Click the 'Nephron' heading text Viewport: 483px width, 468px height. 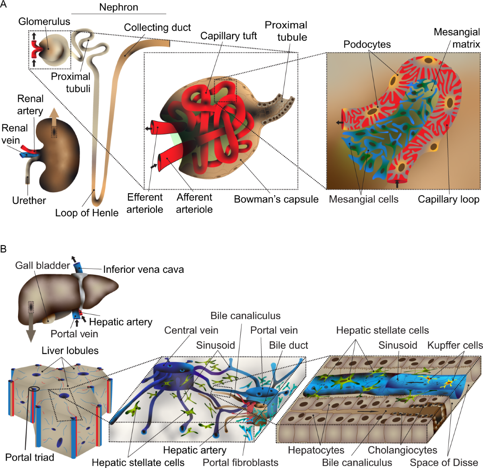tap(118, 7)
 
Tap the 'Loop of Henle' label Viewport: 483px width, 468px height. tap(87, 213)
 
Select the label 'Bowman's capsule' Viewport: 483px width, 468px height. tap(276, 199)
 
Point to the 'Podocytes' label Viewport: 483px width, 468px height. tap(367, 44)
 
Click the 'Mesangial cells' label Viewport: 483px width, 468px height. tap(363, 199)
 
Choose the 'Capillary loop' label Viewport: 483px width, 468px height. tap(448, 199)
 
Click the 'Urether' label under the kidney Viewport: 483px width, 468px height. tap(29, 200)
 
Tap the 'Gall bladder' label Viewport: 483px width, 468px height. tap(42, 266)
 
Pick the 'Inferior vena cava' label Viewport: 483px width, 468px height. tap(143, 269)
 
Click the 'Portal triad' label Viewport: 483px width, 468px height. tap(29, 457)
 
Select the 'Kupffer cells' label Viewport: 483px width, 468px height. tap(455, 345)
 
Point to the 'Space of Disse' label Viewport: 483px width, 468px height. tap(444, 463)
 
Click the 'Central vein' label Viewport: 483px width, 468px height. tap(191, 330)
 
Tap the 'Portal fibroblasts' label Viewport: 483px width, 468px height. tap(240, 463)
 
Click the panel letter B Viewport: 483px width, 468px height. tap(4, 249)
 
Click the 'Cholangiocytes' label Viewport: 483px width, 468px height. tap(402, 450)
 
